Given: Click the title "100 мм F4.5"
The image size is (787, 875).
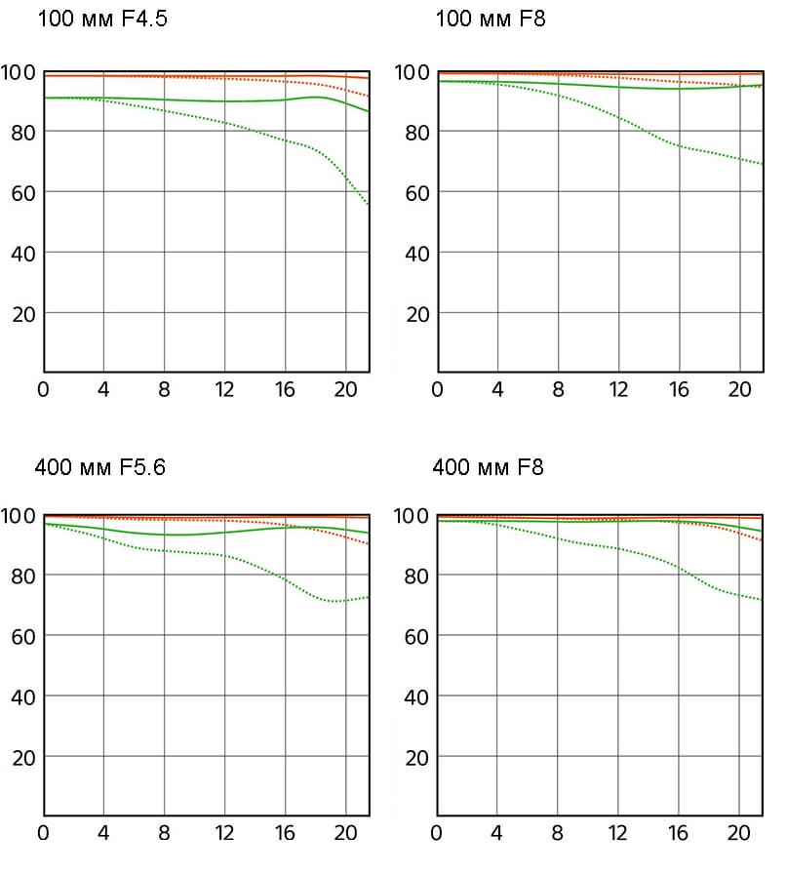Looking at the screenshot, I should (x=102, y=19).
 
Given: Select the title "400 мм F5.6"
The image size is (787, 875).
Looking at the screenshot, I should (x=100, y=466).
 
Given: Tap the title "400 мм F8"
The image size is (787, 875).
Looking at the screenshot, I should (x=488, y=466).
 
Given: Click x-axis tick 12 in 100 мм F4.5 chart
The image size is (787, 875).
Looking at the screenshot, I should (x=224, y=389).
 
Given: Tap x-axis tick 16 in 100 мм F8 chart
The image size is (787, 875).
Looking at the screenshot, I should (x=679, y=389).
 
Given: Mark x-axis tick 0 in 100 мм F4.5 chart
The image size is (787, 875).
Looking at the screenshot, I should (x=43, y=389).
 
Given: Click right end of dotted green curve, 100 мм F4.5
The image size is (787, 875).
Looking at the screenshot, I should (x=369, y=205).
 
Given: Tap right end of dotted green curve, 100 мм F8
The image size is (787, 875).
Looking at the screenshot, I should (x=763, y=164).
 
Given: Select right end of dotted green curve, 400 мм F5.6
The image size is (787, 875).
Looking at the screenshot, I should (x=369, y=597).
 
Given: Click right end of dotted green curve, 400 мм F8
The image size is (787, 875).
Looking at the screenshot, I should (x=763, y=600).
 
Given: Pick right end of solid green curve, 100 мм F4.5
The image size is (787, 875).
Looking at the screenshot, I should (x=369, y=111).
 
